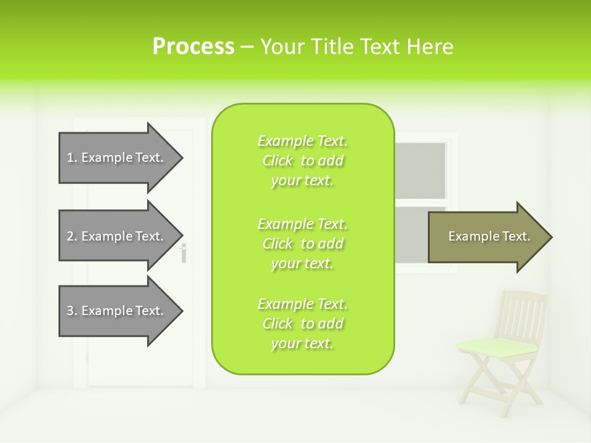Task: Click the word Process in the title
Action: point(193,47)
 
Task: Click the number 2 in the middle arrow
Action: point(70,236)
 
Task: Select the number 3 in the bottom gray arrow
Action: point(70,311)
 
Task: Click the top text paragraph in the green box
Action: point(302,161)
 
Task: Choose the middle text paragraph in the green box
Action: point(302,244)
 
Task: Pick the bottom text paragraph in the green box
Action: point(302,324)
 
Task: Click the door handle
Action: point(183,252)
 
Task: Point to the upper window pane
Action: point(420,170)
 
